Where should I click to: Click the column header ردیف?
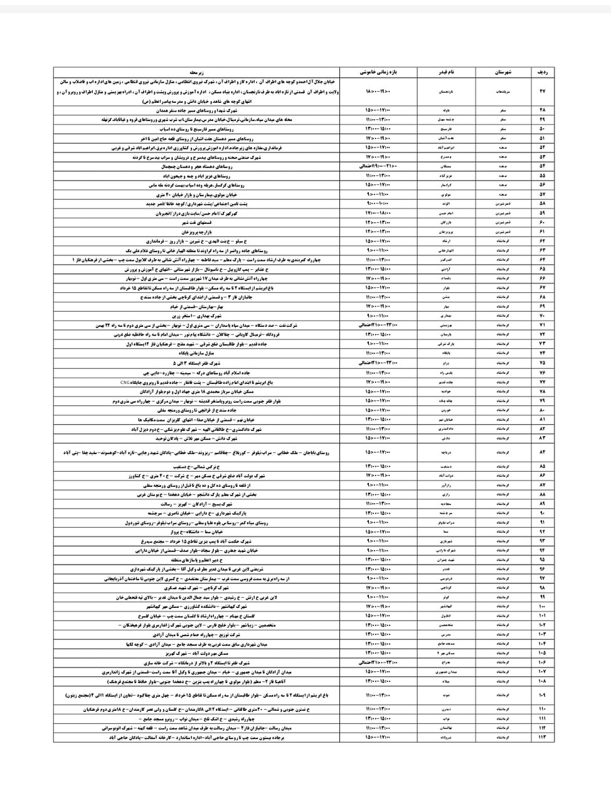[x=543, y=73]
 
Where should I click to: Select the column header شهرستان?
[x=504, y=73]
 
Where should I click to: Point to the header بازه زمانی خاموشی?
[x=380, y=73]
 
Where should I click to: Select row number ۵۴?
[x=543, y=167]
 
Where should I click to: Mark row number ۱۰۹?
[x=543, y=694]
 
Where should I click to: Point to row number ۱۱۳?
[x=543, y=737]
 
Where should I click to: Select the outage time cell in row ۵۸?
[x=380, y=203]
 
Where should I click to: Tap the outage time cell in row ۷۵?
[x=380, y=363]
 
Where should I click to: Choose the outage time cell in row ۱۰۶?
[x=380, y=662]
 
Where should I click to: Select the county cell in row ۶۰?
[x=504, y=221]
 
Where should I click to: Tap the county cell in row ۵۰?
[x=504, y=128]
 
